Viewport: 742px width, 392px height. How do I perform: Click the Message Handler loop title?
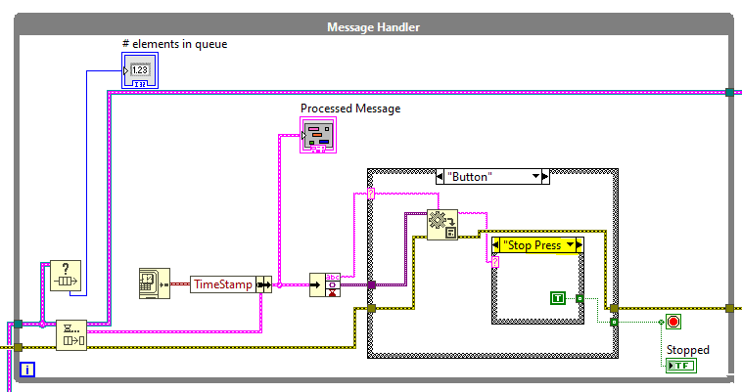372,26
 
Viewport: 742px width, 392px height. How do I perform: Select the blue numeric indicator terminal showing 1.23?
138,71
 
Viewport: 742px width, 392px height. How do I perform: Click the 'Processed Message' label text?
350,109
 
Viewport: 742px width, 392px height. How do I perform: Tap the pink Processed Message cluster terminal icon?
318,136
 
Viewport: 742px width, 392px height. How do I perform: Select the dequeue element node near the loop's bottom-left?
70,334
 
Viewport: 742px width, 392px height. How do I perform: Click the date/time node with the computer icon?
155,284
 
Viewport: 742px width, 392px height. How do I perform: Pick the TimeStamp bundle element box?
222,284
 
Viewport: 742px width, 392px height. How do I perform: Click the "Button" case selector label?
485,177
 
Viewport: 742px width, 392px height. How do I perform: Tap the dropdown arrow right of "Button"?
535,177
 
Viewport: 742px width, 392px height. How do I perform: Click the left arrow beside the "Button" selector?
437,177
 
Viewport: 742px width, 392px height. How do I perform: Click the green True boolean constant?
557,297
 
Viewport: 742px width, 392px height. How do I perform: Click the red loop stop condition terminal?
673,322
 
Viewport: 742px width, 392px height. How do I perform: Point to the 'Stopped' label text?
687,349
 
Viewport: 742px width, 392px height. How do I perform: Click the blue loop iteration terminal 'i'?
27,370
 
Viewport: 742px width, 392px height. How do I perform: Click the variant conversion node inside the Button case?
441,225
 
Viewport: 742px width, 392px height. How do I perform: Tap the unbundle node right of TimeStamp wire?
324,284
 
